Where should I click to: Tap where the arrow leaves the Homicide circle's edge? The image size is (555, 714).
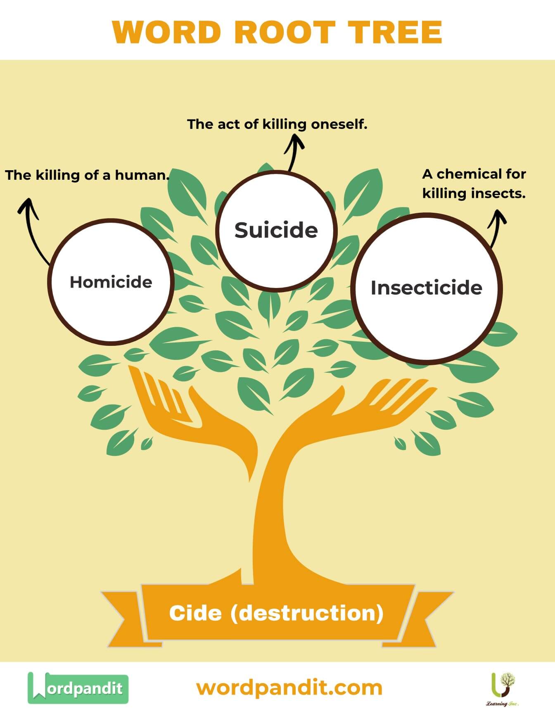50,264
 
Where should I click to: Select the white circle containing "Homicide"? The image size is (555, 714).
111,281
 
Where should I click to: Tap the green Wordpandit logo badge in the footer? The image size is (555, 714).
78,688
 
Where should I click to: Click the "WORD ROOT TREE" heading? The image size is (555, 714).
277,32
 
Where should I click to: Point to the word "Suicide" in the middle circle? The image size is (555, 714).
276,230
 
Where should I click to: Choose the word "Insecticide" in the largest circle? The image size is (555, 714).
427,288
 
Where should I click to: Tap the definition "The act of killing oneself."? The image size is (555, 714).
277,124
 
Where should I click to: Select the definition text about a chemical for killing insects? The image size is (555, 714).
474,183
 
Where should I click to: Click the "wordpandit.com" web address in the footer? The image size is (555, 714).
289,688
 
